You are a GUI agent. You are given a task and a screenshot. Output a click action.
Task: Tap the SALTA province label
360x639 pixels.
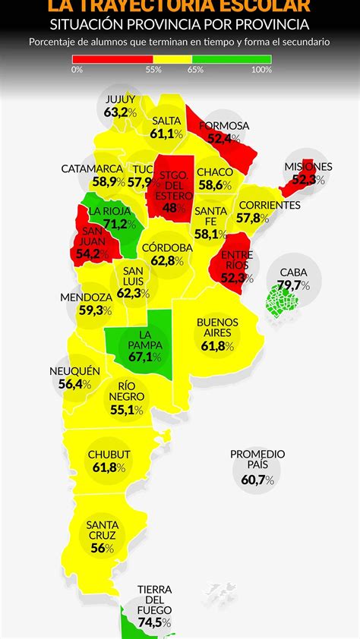point(166,121)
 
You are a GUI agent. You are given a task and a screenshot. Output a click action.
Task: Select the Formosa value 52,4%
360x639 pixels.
point(224,139)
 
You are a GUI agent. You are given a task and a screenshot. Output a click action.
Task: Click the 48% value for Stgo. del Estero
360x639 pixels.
point(175,207)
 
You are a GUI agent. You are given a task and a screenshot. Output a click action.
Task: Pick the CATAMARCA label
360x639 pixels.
point(92,168)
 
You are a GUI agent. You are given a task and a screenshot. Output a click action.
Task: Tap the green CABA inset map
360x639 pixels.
point(283,304)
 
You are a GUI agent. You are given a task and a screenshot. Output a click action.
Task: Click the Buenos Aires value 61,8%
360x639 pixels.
point(217,346)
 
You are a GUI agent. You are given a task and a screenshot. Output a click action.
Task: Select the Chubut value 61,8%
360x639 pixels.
point(109,467)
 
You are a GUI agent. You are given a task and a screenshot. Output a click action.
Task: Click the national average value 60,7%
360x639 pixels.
point(258,480)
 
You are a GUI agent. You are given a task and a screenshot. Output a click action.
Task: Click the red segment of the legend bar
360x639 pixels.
point(112,58)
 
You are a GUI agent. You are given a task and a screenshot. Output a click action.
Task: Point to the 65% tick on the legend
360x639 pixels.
point(195,69)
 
